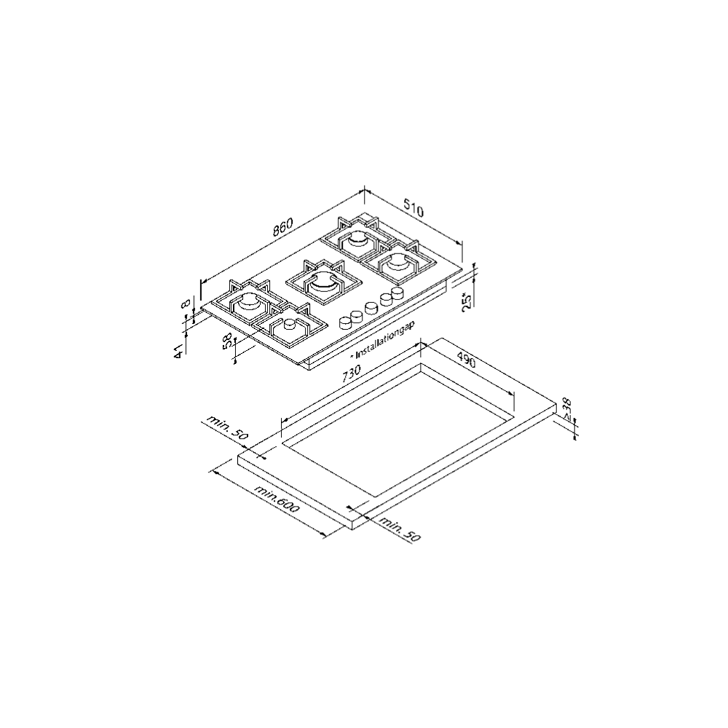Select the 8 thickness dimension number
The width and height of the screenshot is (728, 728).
click(186, 304)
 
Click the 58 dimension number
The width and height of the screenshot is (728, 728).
click(229, 342)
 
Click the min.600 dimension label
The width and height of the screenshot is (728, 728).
click(277, 500)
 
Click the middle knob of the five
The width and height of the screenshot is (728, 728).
click(371, 306)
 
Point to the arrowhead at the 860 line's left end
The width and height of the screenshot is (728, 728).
click(203, 280)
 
